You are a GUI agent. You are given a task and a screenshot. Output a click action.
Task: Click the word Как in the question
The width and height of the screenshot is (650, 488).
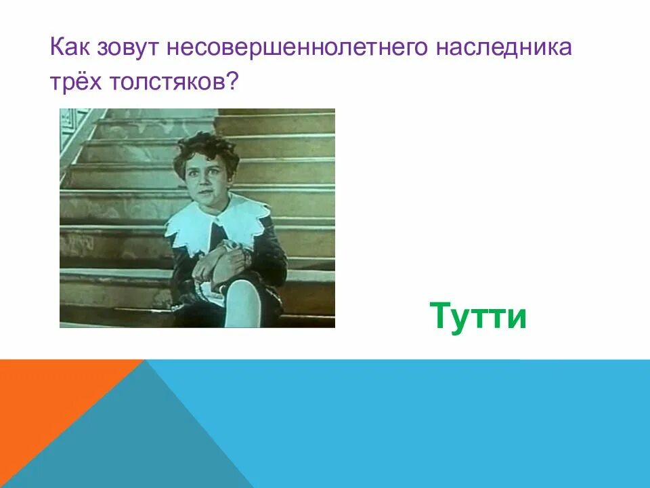[x=70, y=49]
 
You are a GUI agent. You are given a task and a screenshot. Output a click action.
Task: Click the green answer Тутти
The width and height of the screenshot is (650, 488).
[x=478, y=316]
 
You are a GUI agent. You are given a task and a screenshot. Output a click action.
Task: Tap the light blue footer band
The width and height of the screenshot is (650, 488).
[x=440, y=420]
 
